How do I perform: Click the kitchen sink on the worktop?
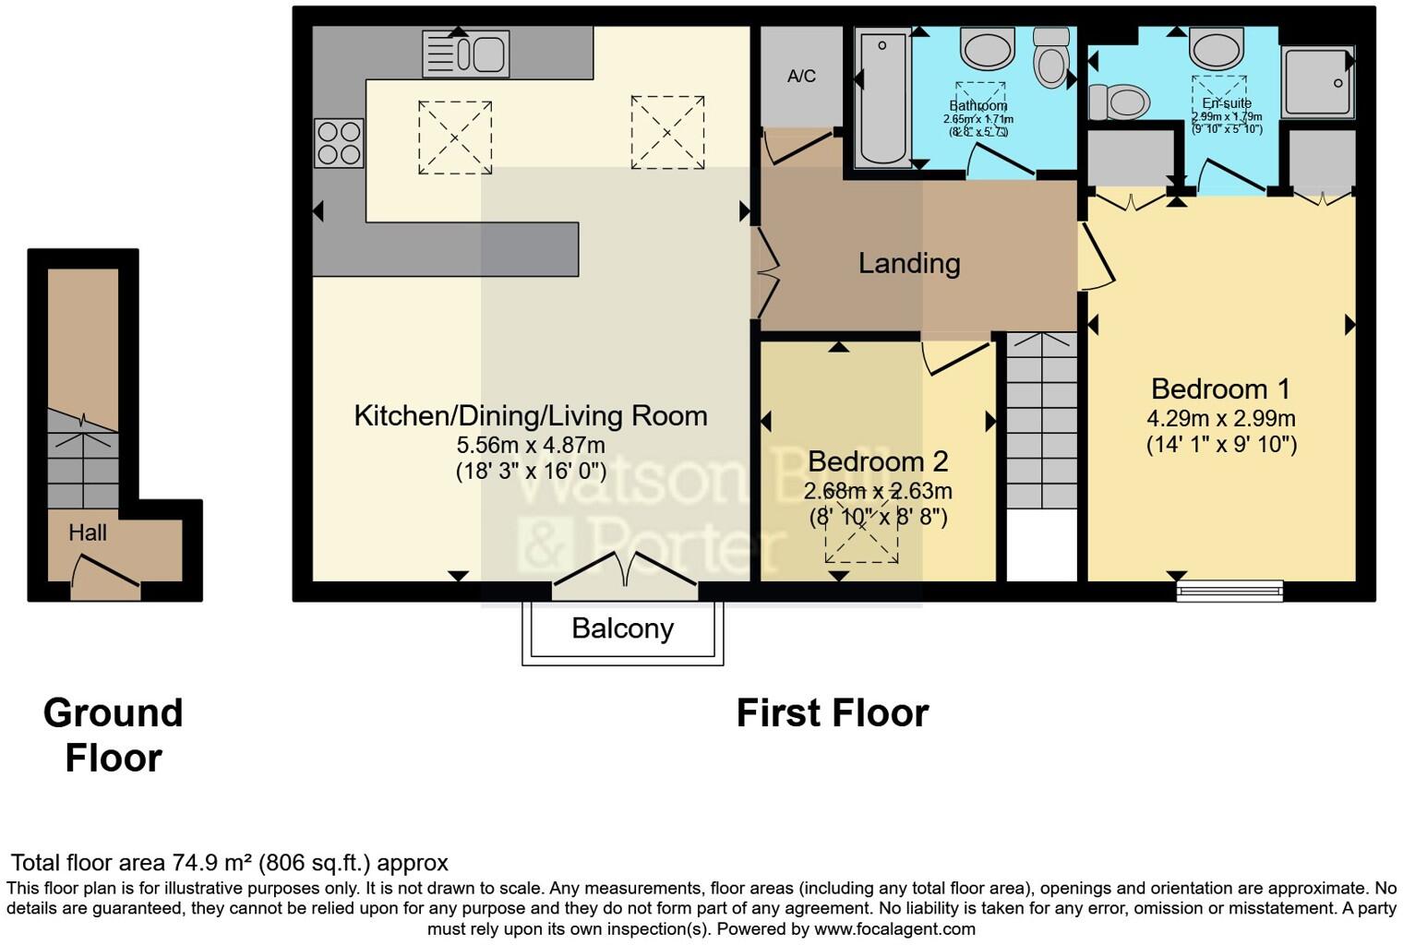(x=466, y=54)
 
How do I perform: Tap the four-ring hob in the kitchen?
(x=339, y=143)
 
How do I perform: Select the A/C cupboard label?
(x=801, y=76)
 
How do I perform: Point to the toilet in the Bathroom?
(x=1050, y=57)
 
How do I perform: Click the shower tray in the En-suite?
(x=1317, y=82)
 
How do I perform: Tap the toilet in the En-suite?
(x=1119, y=101)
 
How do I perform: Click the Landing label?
(x=909, y=264)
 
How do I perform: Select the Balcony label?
(x=622, y=628)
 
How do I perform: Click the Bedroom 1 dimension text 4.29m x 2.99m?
(x=1221, y=418)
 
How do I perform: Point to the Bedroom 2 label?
(x=877, y=461)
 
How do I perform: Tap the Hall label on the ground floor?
(x=88, y=532)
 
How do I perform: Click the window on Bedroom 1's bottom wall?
(x=1229, y=591)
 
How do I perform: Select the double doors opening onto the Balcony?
(x=625, y=572)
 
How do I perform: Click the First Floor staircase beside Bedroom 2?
(x=1041, y=420)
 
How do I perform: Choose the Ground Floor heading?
(x=114, y=736)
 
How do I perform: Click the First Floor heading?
(x=832, y=713)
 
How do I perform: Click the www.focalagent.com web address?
(x=894, y=929)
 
